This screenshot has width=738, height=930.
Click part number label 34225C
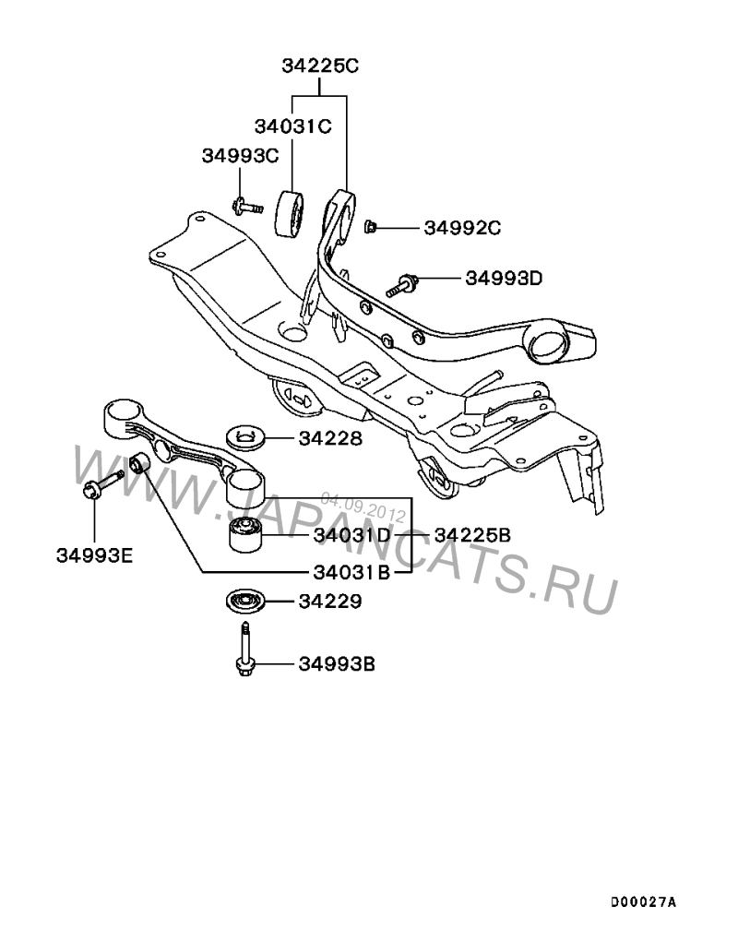click(x=319, y=66)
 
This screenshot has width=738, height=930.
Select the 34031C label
click(x=292, y=125)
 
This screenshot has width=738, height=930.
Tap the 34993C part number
click(x=240, y=156)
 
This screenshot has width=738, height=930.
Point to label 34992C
click(x=462, y=228)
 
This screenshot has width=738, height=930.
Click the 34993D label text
click(x=504, y=277)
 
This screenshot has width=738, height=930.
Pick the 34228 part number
click(x=329, y=439)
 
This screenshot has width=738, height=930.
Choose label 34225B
click(x=471, y=535)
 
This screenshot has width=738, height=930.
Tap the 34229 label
click(x=329, y=602)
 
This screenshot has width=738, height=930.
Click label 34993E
click(x=95, y=555)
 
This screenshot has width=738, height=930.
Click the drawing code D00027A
click(x=643, y=900)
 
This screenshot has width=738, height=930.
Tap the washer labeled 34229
click(x=244, y=602)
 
